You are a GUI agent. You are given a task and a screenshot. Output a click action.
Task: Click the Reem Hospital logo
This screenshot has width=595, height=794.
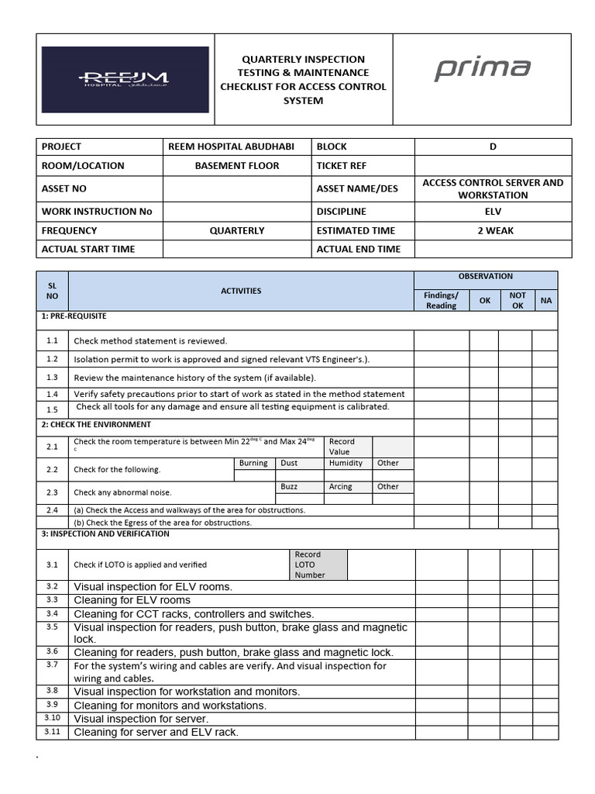coord(125,80)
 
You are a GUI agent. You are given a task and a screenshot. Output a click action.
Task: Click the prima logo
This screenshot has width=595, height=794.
coord(482,69)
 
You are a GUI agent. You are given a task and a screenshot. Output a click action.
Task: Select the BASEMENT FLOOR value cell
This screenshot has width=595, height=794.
coord(237,166)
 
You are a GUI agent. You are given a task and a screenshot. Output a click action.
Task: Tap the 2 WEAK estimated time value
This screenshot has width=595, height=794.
coord(493,230)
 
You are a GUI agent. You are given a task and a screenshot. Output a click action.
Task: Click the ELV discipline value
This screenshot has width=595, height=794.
coord(493,211)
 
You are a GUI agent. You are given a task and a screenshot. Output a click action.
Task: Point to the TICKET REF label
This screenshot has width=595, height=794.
coord(341,166)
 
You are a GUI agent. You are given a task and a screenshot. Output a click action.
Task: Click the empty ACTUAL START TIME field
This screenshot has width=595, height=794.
coord(237,249)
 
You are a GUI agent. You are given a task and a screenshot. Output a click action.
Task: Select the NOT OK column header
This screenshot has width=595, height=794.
coord(517,300)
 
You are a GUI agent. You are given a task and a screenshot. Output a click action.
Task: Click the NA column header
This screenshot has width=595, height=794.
coord(546,300)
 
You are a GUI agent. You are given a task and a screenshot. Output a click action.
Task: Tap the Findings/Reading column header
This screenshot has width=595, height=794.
coord(441,300)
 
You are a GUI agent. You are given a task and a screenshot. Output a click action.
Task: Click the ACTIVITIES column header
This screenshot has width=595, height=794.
coord(241,291)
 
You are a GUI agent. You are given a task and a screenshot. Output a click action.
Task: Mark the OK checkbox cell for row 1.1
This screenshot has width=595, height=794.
coord(484,340)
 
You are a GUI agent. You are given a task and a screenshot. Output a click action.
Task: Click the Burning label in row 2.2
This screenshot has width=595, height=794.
coord(253,463)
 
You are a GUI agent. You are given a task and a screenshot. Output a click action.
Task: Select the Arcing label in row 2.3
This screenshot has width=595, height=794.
coord(340,487)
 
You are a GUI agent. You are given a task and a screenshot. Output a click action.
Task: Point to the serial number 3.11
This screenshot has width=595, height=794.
coord(52,732)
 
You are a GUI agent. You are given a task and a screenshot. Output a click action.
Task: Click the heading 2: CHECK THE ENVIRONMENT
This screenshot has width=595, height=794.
coord(97,425)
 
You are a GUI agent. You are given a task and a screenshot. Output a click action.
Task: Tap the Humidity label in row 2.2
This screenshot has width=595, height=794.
coord(346,463)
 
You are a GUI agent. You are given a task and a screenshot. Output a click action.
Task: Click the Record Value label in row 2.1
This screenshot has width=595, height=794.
coord(342,447)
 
